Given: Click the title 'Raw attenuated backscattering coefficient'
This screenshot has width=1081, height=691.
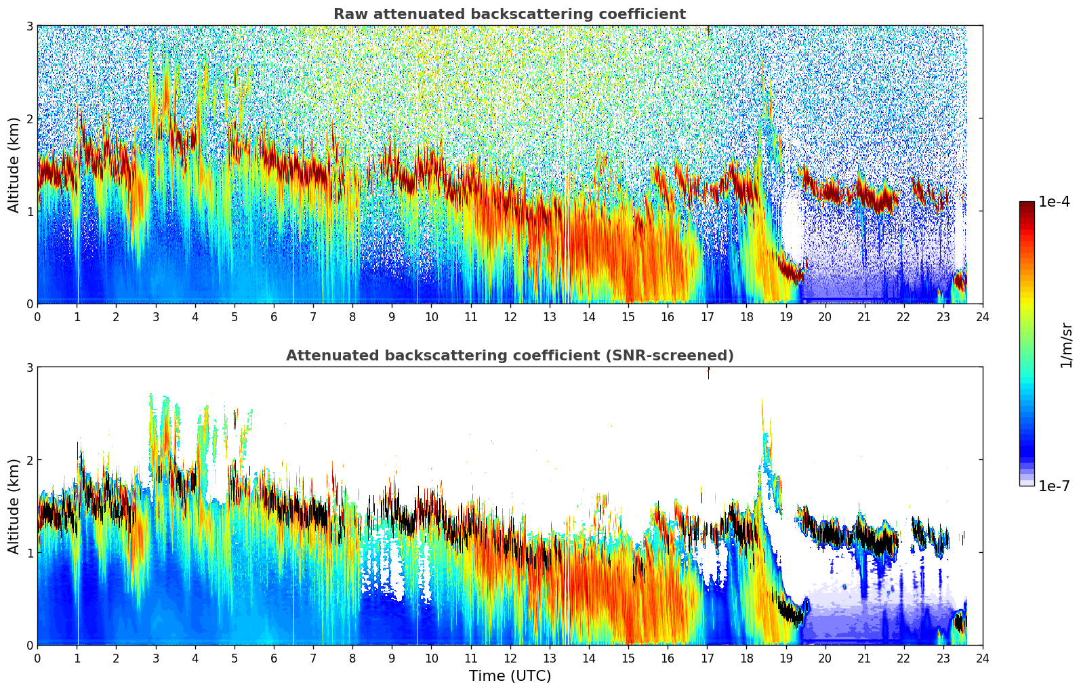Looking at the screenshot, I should pos(509,14).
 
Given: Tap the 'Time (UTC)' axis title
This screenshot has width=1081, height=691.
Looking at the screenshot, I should pos(510,675).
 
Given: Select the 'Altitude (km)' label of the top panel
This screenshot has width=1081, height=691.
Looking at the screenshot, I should pos(14,165).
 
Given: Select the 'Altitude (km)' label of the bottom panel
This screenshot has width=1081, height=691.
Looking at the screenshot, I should pos(14,506).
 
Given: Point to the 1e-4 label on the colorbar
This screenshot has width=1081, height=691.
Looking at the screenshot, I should pos(1054,202).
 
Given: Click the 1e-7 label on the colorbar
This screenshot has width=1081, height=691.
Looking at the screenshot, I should pos(1054,486).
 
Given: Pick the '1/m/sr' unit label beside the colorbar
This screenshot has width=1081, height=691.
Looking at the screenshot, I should pos(1066,344).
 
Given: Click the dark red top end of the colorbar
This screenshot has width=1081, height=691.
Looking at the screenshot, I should pos(1026,204).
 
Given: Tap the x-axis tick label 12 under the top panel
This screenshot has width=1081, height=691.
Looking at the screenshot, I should pos(510,316).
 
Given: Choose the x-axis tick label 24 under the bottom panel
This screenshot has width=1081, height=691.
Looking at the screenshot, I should pos(982,658).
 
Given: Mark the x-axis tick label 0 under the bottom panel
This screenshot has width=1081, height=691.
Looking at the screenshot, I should pos(37,658).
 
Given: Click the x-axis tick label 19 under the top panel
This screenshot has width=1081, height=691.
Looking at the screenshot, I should pos(786,316).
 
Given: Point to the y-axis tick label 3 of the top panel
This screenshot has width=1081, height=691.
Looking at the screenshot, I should pos(29,26).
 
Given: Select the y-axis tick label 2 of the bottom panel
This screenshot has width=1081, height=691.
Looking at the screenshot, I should pos(29,460).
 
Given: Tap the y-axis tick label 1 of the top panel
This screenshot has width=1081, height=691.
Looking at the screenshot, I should pos(29,211).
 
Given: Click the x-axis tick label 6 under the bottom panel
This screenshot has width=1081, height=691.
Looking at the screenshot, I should pos(274,658).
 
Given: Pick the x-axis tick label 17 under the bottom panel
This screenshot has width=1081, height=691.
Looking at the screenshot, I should pos(707,658).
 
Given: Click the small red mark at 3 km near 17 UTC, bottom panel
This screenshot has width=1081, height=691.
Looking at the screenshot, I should pos(708,372).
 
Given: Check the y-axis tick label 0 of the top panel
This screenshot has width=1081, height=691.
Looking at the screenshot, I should pos(29,304).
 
